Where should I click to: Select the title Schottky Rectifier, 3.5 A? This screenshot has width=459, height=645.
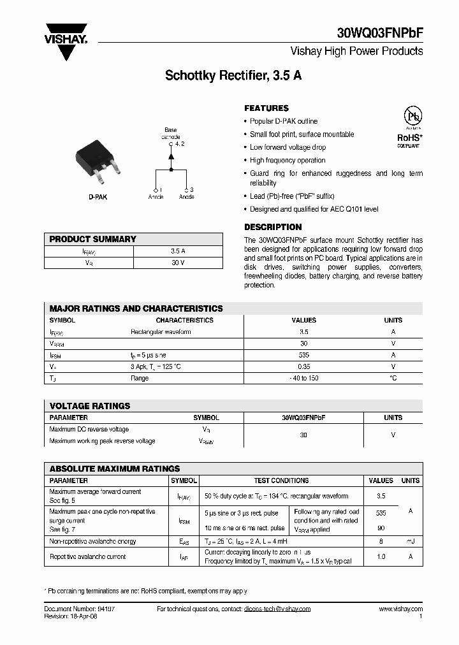point(233,75)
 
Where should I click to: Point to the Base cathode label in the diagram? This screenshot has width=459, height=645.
point(170,133)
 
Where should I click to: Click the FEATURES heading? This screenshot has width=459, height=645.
point(266,108)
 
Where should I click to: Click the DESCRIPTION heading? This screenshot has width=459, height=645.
point(273,227)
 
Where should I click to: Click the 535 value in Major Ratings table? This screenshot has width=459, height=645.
point(303,355)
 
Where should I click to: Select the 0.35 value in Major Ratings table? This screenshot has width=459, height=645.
point(303,366)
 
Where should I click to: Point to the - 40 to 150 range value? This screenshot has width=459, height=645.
point(303,378)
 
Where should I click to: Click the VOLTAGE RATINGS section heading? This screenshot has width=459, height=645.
point(90,406)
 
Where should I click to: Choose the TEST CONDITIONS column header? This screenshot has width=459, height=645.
point(281,481)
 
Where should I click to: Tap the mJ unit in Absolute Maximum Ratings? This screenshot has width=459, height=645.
point(410,541)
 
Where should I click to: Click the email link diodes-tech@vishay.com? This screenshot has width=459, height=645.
point(277,609)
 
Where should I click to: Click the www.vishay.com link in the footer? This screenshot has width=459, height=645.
point(400,609)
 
